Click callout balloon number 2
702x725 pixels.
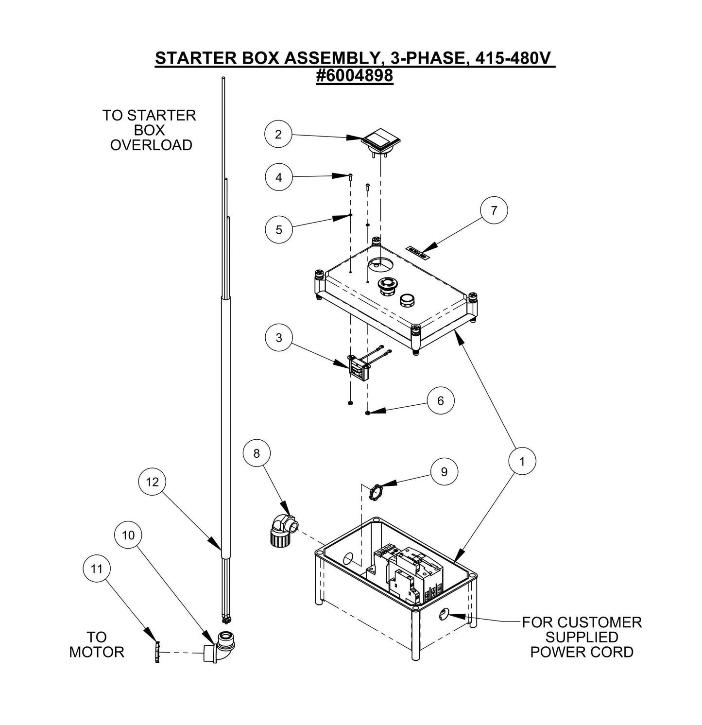278,134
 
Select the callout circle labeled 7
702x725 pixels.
494,210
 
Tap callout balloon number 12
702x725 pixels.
152,482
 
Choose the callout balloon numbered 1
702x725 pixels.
522,461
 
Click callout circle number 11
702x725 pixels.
97,568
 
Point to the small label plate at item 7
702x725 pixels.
417,251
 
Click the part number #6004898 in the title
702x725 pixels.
354,76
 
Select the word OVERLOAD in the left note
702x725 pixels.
151,145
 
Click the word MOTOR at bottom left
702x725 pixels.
97,652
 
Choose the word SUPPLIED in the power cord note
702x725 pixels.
582,637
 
